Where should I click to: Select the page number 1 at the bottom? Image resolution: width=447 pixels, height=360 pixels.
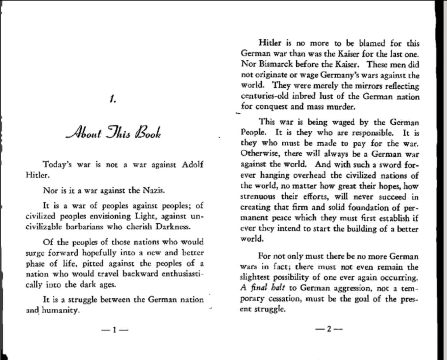click(x=113, y=330)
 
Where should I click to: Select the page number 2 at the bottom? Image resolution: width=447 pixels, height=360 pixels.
click(x=329, y=330)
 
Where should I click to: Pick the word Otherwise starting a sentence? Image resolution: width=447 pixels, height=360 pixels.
click(x=260, y=154)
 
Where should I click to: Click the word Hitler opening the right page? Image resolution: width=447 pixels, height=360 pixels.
click(x=270, y=43)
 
